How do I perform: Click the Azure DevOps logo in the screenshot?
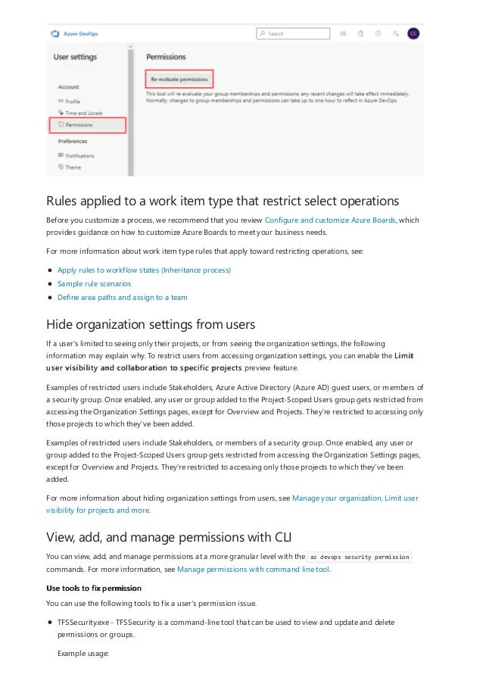point(55,34)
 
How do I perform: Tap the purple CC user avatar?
point(413,34)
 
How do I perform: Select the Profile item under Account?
point(72,101)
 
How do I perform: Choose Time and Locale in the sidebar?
point(83,113)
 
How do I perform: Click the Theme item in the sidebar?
point(73,167)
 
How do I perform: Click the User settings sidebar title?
point(75,57)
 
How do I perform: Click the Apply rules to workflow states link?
point(144,270)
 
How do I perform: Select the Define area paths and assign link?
point(122,297)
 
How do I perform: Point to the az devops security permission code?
point(360,556)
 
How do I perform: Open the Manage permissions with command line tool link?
point(253,569)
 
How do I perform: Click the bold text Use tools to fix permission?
point(93,588)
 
